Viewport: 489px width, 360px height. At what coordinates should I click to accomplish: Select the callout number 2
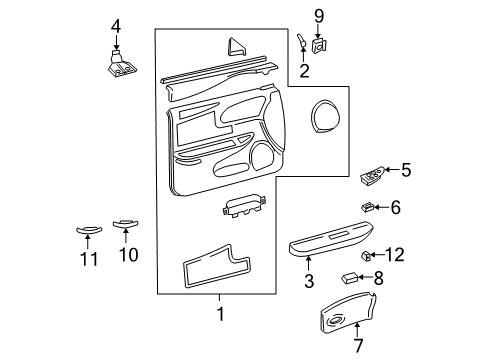tap(304, 72)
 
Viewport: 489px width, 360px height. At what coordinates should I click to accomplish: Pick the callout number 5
tap(406, 170)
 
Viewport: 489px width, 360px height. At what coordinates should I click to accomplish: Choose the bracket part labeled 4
tap(118, 63)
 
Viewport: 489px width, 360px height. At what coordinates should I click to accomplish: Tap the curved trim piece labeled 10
tap(126, 223)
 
